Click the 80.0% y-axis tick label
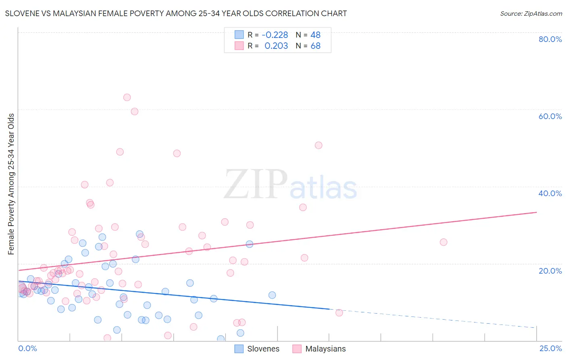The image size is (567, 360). (550, 39)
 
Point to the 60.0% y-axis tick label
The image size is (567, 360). (550, 116)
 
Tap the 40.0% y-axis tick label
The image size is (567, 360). (550, 193)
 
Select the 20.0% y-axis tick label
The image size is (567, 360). (550, 271)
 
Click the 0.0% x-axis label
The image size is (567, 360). (27, 348)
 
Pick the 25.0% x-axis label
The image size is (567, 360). (550, 348)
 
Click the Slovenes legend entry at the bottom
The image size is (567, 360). (257, 349)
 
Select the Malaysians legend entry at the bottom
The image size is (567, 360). (319, 349)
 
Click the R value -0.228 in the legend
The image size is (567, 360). (275, 35)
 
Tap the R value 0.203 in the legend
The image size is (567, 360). (276, 46)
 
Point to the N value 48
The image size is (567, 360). (315, 35)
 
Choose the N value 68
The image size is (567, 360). (315, 46)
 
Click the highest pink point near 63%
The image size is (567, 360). (127, 97)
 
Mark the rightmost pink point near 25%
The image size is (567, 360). (443, 242)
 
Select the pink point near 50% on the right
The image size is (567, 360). (319, 145)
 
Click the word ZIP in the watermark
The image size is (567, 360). (256, 184)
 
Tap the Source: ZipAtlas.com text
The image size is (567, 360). (531, 14)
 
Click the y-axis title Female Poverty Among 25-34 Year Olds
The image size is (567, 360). (11, 184)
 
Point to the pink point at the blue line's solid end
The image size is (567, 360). (339, 313)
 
